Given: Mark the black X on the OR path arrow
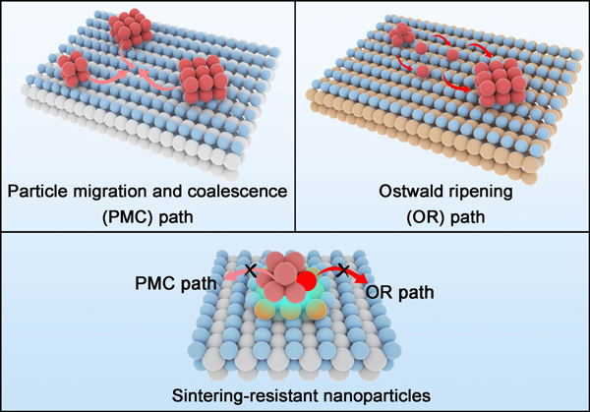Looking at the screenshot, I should [341, 268].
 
